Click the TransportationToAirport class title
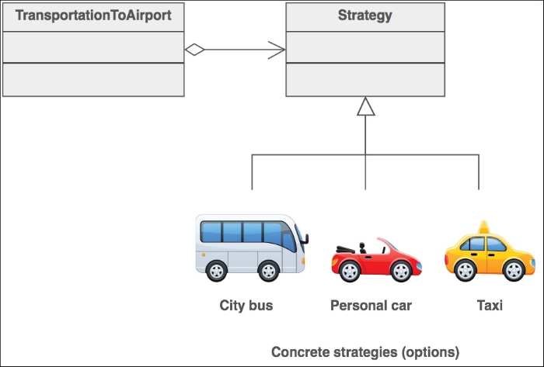coord(93,16)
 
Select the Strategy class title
coord(365,16)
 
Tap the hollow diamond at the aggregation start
coord(194,50)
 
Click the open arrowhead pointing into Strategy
coord(277,50)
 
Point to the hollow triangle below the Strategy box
coord(366,106)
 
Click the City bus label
coord(246,306)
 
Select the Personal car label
coord(371,306)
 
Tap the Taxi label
coord(490,306)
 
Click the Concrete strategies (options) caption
coord(365,352)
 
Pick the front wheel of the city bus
coord(269,271)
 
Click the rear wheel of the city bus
coord(217,271)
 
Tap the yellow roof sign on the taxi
coord(484,227)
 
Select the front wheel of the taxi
coord(514,270)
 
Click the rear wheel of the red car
coord(350,271)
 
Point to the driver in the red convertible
coord(363,248)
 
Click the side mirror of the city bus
coord(305,239)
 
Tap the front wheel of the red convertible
coord(401,271)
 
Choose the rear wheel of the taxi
coord(465,270)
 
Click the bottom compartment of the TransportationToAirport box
coord(93,80)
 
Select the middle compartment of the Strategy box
coord(365,47)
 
